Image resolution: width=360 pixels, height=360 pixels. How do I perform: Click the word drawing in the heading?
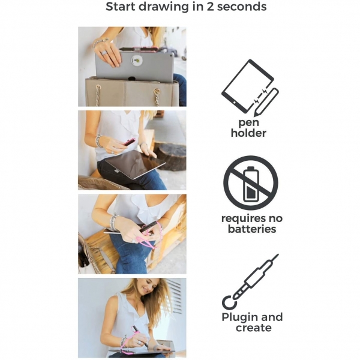pos(164,7)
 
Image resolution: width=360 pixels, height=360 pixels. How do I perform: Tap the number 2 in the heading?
pos(211,7)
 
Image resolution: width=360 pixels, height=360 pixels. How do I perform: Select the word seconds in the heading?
pos(242,7)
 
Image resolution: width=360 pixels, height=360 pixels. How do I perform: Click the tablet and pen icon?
pos(250,88)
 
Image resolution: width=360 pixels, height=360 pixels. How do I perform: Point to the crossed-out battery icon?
pos(250,183)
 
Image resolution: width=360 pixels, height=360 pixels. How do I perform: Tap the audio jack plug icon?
pos(250,281)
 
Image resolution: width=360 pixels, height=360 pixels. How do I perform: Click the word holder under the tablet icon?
pos(248,133)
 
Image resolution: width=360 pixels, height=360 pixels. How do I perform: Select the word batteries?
pos(252,229)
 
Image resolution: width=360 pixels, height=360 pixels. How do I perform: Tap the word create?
pos(253,328)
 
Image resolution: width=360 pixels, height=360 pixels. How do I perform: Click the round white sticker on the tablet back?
pos(137,61)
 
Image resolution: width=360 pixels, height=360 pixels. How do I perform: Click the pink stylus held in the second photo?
pos(129,142)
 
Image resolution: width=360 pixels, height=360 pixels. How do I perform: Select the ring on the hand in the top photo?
pos(104,53)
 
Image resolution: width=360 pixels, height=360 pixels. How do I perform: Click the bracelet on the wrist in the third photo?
pos(114,222)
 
